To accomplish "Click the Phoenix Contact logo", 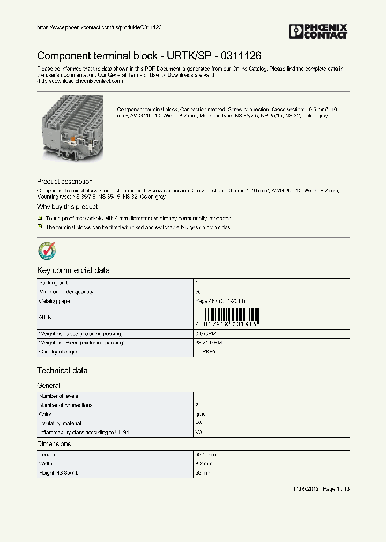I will tap(318, 32).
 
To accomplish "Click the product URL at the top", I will tap(99, 27).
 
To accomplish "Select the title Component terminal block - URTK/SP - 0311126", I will tap(149, 56).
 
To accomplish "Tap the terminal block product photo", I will tap(73, 127).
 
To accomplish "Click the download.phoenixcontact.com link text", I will tap(80, 81).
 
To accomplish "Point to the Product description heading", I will tap(64, 182).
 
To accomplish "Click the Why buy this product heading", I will tap(67, 207).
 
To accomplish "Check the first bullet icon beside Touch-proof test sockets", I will tap(40, 219).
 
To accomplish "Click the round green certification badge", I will tap(47, 250).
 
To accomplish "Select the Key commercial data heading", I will tap(73, 270).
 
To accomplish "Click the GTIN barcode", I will tap(228, 318).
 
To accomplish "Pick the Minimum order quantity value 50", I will tap(198, 292).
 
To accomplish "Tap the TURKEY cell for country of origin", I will tap(206, 352).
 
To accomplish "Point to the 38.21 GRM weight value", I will tap(209, 343).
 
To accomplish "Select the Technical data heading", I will tap(62, 371).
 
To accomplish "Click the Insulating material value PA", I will tap(198, 423).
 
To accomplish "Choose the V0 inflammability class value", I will tap(198, 432).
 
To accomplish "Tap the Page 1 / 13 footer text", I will tap(337, 489).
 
